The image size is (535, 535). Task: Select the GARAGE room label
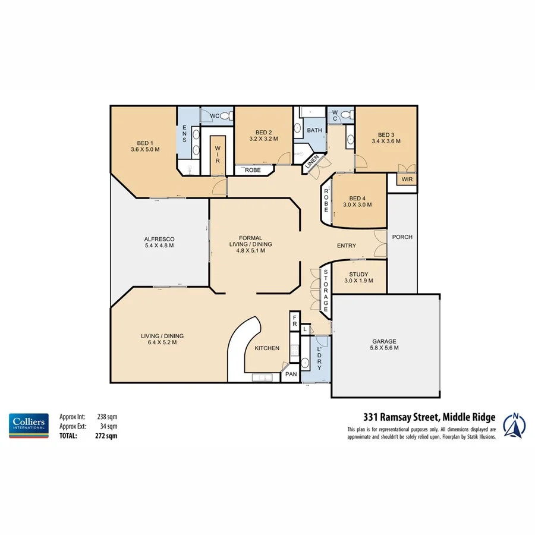coord(385,342)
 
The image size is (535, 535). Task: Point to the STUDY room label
coord(359,274)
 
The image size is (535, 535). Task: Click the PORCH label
coord(402,237)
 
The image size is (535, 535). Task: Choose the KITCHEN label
coord(267,348)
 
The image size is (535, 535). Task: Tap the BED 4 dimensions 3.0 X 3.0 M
coord(357,205)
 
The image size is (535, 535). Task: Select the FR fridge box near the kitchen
coord(294,321)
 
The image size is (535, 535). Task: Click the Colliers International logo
coord(28,426)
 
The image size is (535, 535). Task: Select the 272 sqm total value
coord(108,436)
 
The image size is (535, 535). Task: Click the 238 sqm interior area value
coord(108,417)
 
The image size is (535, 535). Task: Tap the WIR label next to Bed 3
coord(407,178)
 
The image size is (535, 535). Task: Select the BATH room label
coord(314,130)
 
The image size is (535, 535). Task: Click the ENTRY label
coord(347,246)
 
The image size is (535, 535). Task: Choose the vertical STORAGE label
coord(326,291)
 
